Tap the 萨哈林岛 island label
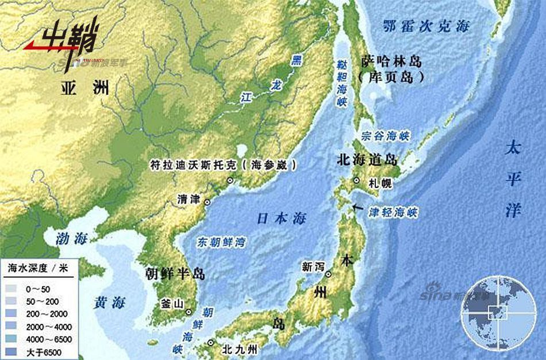[x=393, y=62]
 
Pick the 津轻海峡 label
[x=393, y=212]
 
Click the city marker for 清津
[x=207, y=202]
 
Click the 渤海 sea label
[x=70, y=238]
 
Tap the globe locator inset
[x=494, y=312]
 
